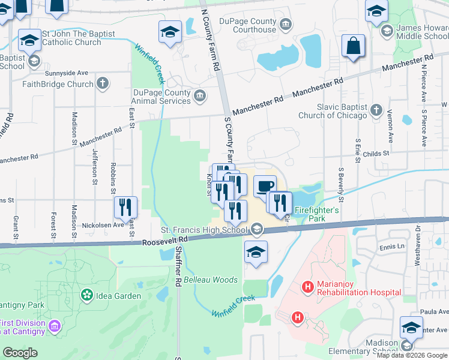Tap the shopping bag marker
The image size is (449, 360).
[x=354, y=46]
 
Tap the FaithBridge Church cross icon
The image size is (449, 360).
[x=103, y=83]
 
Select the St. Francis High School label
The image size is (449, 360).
[x=203, y=230]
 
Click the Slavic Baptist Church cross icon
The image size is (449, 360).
[x=376, y=110]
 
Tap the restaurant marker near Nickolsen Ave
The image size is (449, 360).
[x=126, y=208]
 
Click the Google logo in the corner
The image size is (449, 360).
[x=20, y=353]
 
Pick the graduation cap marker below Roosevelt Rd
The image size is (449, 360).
[x=256, y=253]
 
